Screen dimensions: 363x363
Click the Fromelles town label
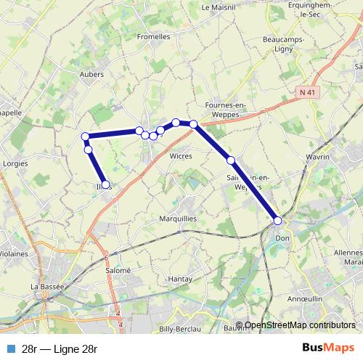point(153,36)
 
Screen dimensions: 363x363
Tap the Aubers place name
point(92,74)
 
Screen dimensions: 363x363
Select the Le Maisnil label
point(215,7)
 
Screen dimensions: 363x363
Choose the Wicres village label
point(180,155)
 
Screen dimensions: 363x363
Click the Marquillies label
point(178,218)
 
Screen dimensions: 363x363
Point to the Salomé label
point(118,269)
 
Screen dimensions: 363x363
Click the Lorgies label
point(15,163)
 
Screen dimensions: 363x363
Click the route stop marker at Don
point(278,221)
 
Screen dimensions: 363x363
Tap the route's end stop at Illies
point(106,185)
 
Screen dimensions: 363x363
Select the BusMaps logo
point(327,348)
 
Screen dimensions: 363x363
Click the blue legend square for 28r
point(10,348)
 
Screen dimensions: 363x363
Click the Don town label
point(282,237)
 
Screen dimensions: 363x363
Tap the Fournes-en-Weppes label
point(227,109)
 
